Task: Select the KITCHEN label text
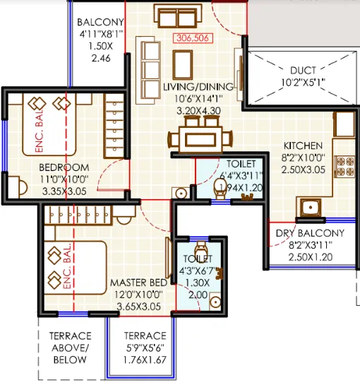(x=303, y=145)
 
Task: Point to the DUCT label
(x=308, y=71)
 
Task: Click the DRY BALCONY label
(x=310, y=232)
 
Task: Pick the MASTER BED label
(x=138, y=283)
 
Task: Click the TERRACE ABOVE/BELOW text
(x=69, y=348)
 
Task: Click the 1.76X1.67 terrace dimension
(x=145, y=360)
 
